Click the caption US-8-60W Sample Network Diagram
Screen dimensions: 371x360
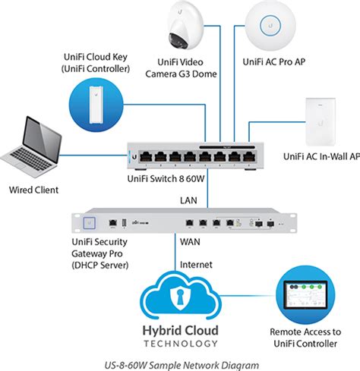point(180,363)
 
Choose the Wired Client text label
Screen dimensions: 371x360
point(33,190)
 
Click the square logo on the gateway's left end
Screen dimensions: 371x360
point(90,222)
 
